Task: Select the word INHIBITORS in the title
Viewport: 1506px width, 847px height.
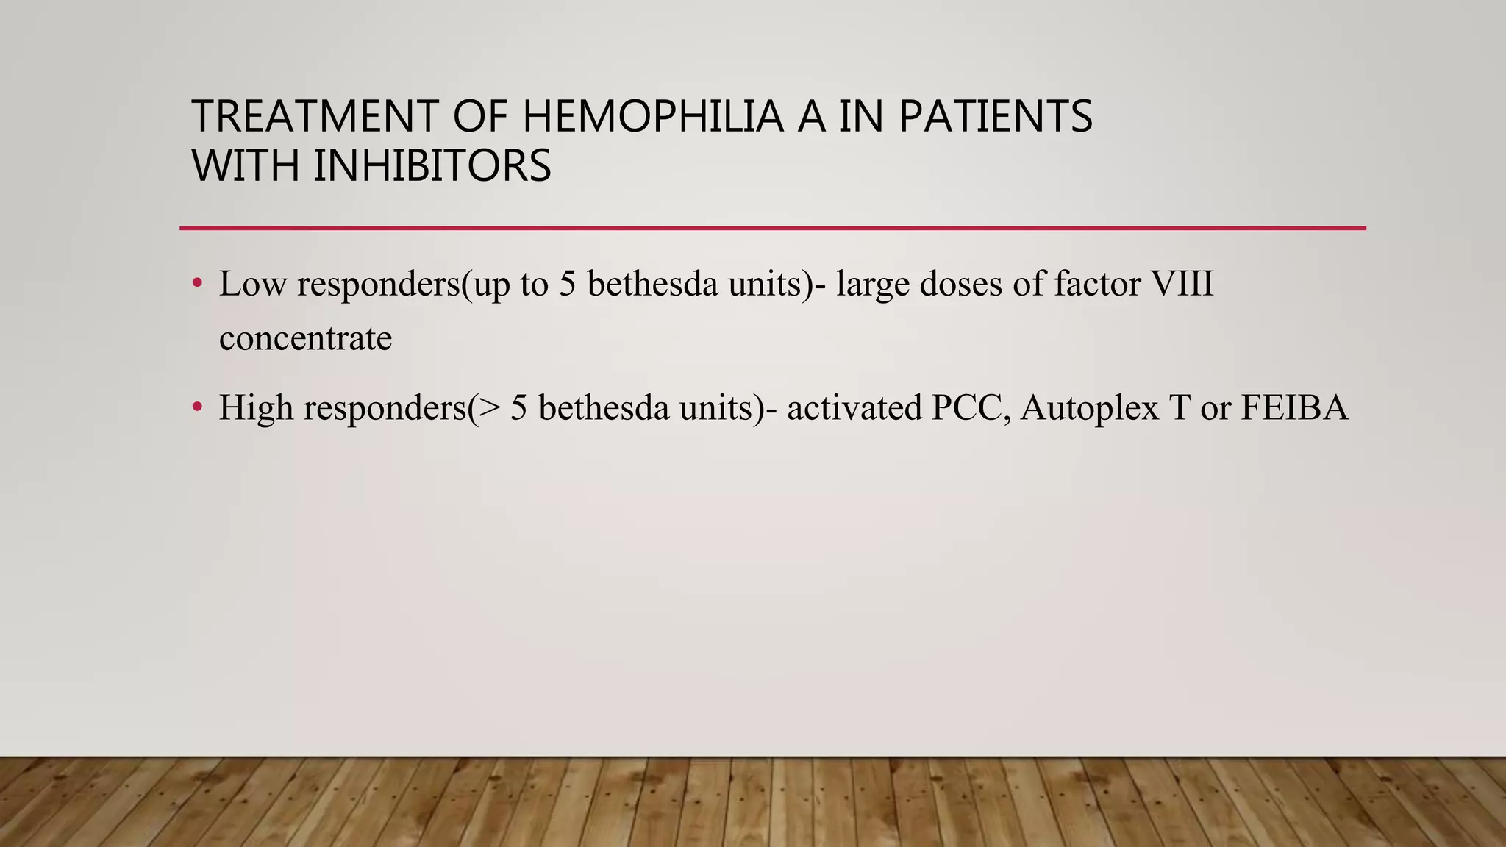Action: coord(432,165)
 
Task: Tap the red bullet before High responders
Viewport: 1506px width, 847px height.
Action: coord(196,407)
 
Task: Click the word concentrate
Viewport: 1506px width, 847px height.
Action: coord(305,338)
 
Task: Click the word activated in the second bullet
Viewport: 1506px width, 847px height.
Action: coord(854,407)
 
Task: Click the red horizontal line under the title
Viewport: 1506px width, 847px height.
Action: coord(772,228)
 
